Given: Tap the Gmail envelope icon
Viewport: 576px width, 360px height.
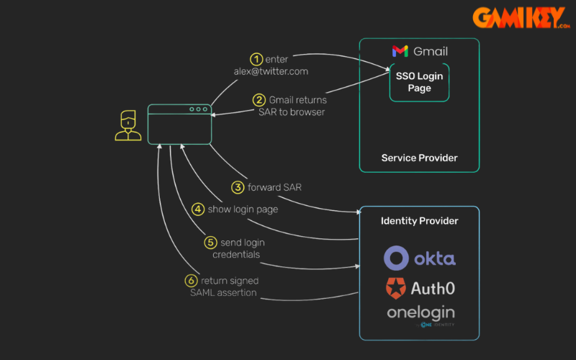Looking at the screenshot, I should [x=400, y=51].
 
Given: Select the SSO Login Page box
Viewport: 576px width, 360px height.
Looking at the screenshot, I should [x=419, y=82].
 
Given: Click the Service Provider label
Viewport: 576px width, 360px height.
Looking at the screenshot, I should [x=419, y=158].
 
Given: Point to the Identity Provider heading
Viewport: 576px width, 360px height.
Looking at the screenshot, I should [x=419, y=220].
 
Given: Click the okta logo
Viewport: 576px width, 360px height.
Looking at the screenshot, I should [x=419, y=258].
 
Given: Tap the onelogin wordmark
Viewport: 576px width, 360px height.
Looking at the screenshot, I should [x=420, y=312].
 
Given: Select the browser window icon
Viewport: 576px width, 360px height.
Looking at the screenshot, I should [x=180, y=123].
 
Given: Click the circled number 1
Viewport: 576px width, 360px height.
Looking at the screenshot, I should [x=256, y=59].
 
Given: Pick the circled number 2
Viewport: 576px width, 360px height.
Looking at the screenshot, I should [x=258, y=100].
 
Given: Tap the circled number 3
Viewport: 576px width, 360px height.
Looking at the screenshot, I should [x=238, y=187].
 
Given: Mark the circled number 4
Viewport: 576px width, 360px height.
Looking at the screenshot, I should [x=197, y=210].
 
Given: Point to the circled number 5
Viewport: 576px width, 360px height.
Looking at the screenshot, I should [x=210, y=243].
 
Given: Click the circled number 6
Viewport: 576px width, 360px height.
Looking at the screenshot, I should [x=191, y=281].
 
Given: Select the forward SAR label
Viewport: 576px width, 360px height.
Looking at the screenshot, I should [x=274, y=187].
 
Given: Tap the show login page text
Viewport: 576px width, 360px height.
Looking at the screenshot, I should [x=243, y=210].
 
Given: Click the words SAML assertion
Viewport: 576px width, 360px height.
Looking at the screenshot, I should [x=224, y=292].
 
